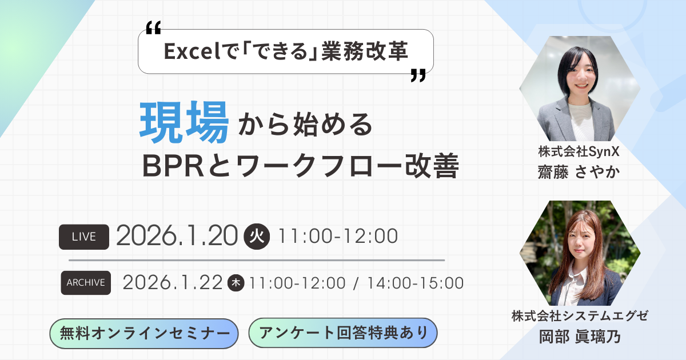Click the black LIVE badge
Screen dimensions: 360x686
84,237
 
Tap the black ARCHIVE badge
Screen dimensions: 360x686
86,282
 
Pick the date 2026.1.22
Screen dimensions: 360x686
172,282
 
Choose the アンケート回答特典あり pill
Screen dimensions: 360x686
343,333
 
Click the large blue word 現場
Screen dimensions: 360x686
185,122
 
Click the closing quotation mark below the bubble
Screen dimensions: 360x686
418,76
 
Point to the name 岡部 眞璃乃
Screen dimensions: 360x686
580,335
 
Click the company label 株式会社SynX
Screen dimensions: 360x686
580,153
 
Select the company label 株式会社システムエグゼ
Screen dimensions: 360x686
580,315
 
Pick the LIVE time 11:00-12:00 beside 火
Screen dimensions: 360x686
337,236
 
